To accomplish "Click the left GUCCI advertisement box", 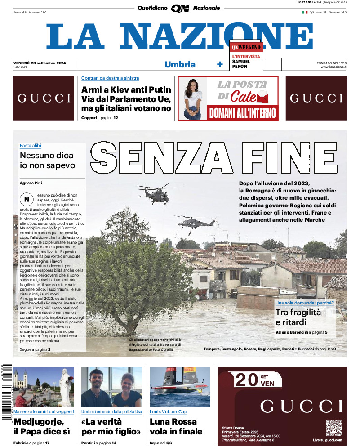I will point(44,98).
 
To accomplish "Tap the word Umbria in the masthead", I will point(180,64).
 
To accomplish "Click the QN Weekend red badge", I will point(246,47).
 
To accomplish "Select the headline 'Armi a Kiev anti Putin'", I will point(126,89).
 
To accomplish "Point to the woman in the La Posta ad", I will point(194,98).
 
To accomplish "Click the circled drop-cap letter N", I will point(27,199).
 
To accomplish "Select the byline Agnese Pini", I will point(34,183).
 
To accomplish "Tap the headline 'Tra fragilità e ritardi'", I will point(298,317).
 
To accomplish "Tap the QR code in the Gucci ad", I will point(334,428).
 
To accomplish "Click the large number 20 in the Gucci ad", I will point(246,380).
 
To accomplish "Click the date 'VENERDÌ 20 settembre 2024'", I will point(40,63).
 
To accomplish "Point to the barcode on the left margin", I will point(6,391).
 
